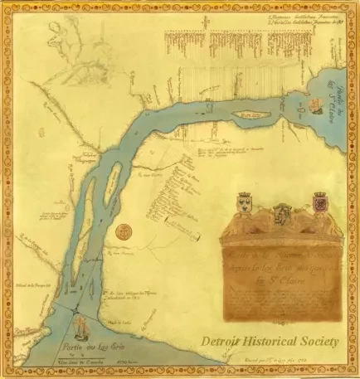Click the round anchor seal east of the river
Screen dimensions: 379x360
click(x=125, y=231)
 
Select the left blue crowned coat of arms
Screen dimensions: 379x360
click(x=245, y=201)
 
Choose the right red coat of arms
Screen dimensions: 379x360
click(x=319, y=200)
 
